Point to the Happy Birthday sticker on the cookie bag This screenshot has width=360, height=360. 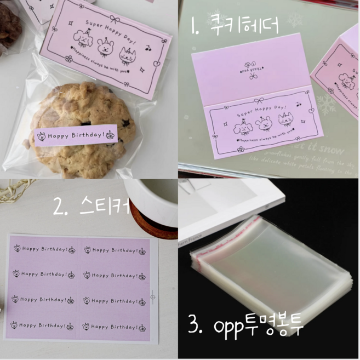(x=76, y=134)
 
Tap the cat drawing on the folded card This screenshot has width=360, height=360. (x=285, y=120)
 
